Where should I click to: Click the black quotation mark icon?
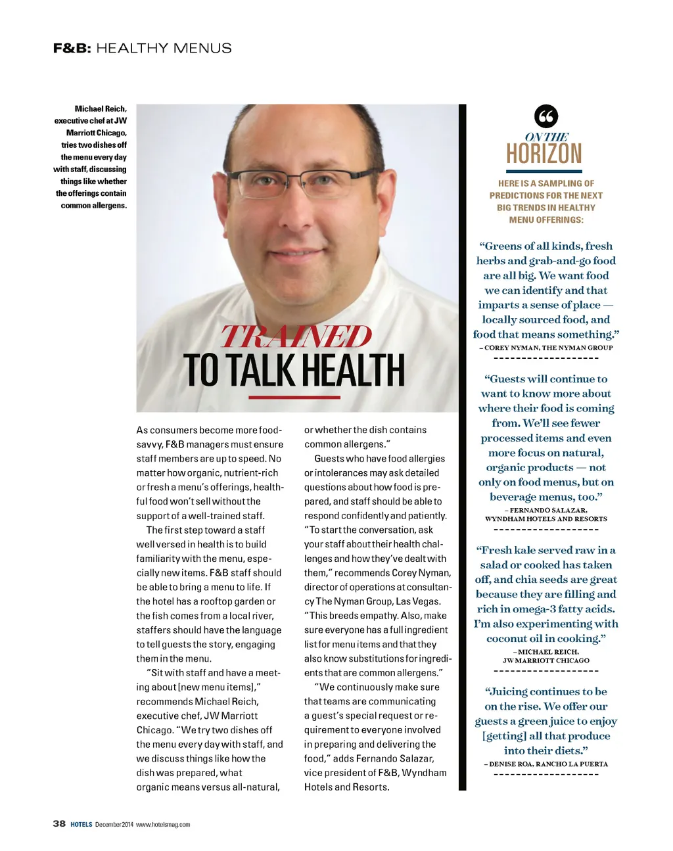tap(545, 116)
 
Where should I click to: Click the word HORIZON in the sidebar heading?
tap(544, 154)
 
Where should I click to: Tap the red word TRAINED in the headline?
tap(296, 336)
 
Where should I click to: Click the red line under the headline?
tap(294, 398)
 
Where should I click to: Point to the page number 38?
tap(59, 823)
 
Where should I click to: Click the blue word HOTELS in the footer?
tap(81, 824)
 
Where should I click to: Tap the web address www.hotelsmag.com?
tap(163, 824)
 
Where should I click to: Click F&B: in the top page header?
tap(72, 48)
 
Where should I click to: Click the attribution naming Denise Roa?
tap(545, 764)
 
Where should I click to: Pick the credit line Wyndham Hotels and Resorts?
tap(545, 518)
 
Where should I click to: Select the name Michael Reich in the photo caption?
tap(100, 108)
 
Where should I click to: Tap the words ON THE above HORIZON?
tap(547, 137)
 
